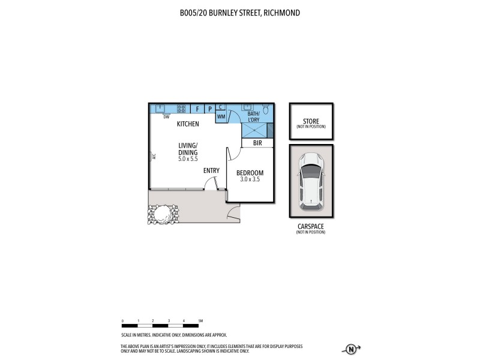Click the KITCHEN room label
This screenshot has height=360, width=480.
point(188,124)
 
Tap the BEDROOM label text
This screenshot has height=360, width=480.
point(250,173)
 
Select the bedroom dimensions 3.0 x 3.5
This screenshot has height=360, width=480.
point(250,179)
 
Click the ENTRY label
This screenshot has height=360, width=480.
point(211,170)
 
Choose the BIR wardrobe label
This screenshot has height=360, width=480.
point(257,143)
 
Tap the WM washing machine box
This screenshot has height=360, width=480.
point(221,116)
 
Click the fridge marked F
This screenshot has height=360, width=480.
point(197,109)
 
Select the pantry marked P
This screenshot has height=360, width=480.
point(210,109)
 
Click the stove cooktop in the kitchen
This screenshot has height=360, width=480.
point(181,109)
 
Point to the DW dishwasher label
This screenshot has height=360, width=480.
point(166,117)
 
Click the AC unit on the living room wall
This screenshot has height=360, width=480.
point(154,157)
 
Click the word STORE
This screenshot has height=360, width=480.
point(311,121)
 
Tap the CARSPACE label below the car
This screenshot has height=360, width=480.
point(311,226)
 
